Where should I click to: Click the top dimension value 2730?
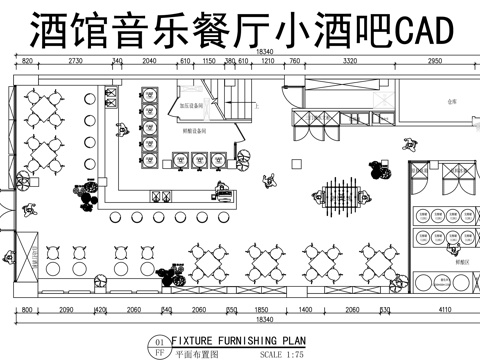point(75,61)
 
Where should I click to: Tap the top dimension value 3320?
point(349,61)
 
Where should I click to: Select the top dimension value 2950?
point(434,61)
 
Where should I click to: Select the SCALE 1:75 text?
point(283,353)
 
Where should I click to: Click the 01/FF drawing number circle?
point(158,347)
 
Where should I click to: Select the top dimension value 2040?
point(149,61)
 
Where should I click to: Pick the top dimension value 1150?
point(209,61)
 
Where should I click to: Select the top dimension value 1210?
point(267,61)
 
